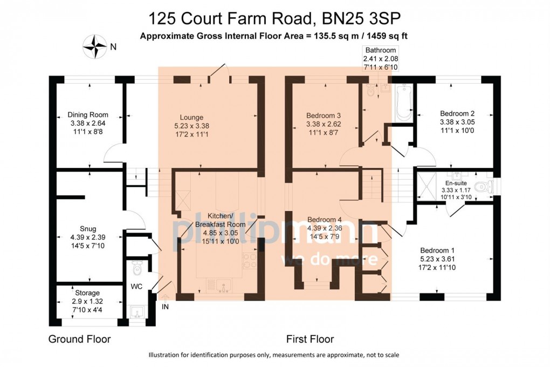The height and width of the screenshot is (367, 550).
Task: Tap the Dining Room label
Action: click(88, 114)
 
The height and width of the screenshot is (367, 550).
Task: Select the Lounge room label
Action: click(191, 117)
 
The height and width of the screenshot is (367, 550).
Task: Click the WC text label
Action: click(136, 287)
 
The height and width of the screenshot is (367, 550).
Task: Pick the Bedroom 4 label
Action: click(324, 220)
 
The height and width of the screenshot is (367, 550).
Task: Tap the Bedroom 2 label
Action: click(457, 113)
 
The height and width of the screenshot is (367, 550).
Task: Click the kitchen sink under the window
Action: click(224, 285)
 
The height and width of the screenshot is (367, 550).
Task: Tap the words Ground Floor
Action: click(79, 339)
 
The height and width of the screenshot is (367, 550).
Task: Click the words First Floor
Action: click(310, 339)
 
